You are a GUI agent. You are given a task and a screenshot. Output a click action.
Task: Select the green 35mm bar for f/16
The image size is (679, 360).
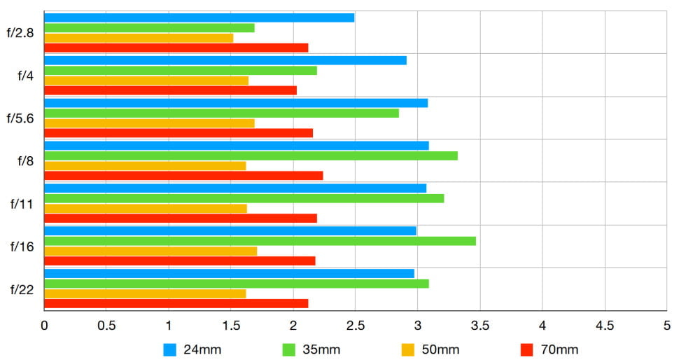260,241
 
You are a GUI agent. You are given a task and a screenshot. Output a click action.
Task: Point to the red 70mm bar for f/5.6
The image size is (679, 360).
178,133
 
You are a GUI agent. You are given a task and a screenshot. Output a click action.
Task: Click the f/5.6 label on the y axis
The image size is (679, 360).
21,118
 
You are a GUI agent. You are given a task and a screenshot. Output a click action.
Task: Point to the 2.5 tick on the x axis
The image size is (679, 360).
356,326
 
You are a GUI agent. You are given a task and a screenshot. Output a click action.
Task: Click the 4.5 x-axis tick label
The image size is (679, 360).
604,326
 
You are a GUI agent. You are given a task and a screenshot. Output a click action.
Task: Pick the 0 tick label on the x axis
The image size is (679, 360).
44,326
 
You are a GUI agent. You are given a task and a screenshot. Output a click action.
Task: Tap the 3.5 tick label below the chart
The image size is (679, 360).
479,326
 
